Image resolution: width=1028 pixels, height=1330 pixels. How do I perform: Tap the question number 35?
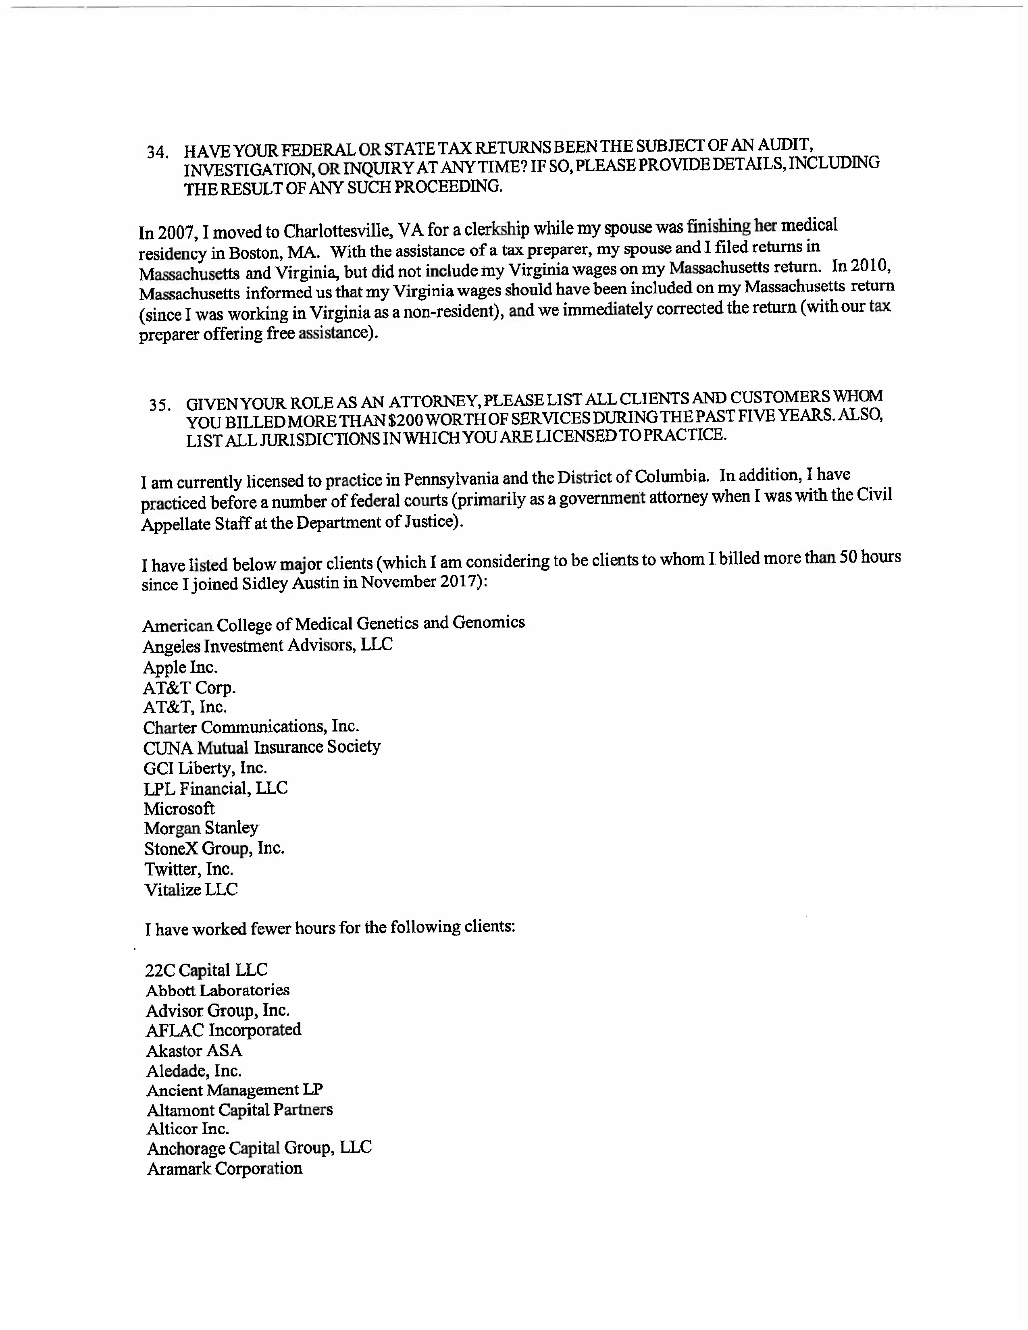(x=160, y=405)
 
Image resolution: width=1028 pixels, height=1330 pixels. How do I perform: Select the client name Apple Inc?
(x=180, y=667)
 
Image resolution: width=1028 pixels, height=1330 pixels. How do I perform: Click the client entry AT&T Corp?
(x=189, y=688)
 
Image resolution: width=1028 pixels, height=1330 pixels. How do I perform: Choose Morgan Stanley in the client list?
(x=201, y=828)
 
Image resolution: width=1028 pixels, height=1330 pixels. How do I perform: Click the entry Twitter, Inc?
(x=189, y=869)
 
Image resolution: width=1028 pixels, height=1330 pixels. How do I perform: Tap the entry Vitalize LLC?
(x=191, y=890)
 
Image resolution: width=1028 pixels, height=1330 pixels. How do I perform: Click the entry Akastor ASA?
(x=194, y=1050)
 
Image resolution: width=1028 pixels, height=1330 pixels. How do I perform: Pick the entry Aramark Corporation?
(x=224, y=1169)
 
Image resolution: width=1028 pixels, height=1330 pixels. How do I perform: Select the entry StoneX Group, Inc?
(x=214, y=848)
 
